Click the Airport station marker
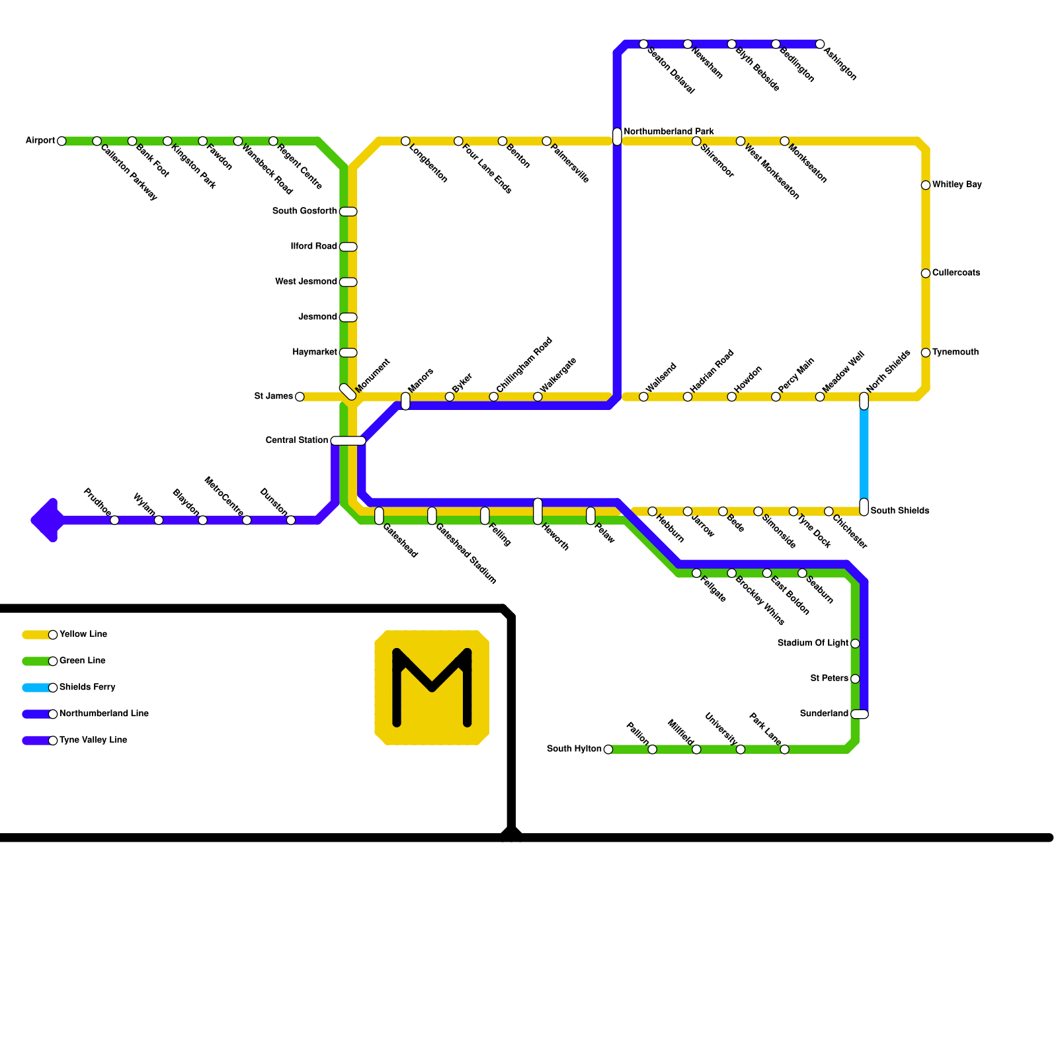(x=61, y=141)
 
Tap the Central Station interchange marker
(x=348, y=441)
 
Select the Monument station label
(x=374, y=375)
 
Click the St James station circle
(x=300, y=397)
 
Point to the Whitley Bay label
(x=957, y=184)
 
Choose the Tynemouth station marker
(x=926, y=352)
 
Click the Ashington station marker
(x=820, y=44)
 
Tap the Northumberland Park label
(x=669, y=132)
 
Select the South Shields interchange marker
(x=864, y=507)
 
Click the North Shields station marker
(x=864, y=401)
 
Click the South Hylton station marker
(x=608, y=749)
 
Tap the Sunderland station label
(x=824, y=713)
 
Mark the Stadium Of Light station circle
(x=855, y=643)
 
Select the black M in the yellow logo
(x=432, y=688)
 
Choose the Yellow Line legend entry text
(x=83, y=634)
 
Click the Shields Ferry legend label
(x=87, y=687)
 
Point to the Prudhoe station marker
(x=114, y=520)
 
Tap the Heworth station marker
(x=538, y=511)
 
